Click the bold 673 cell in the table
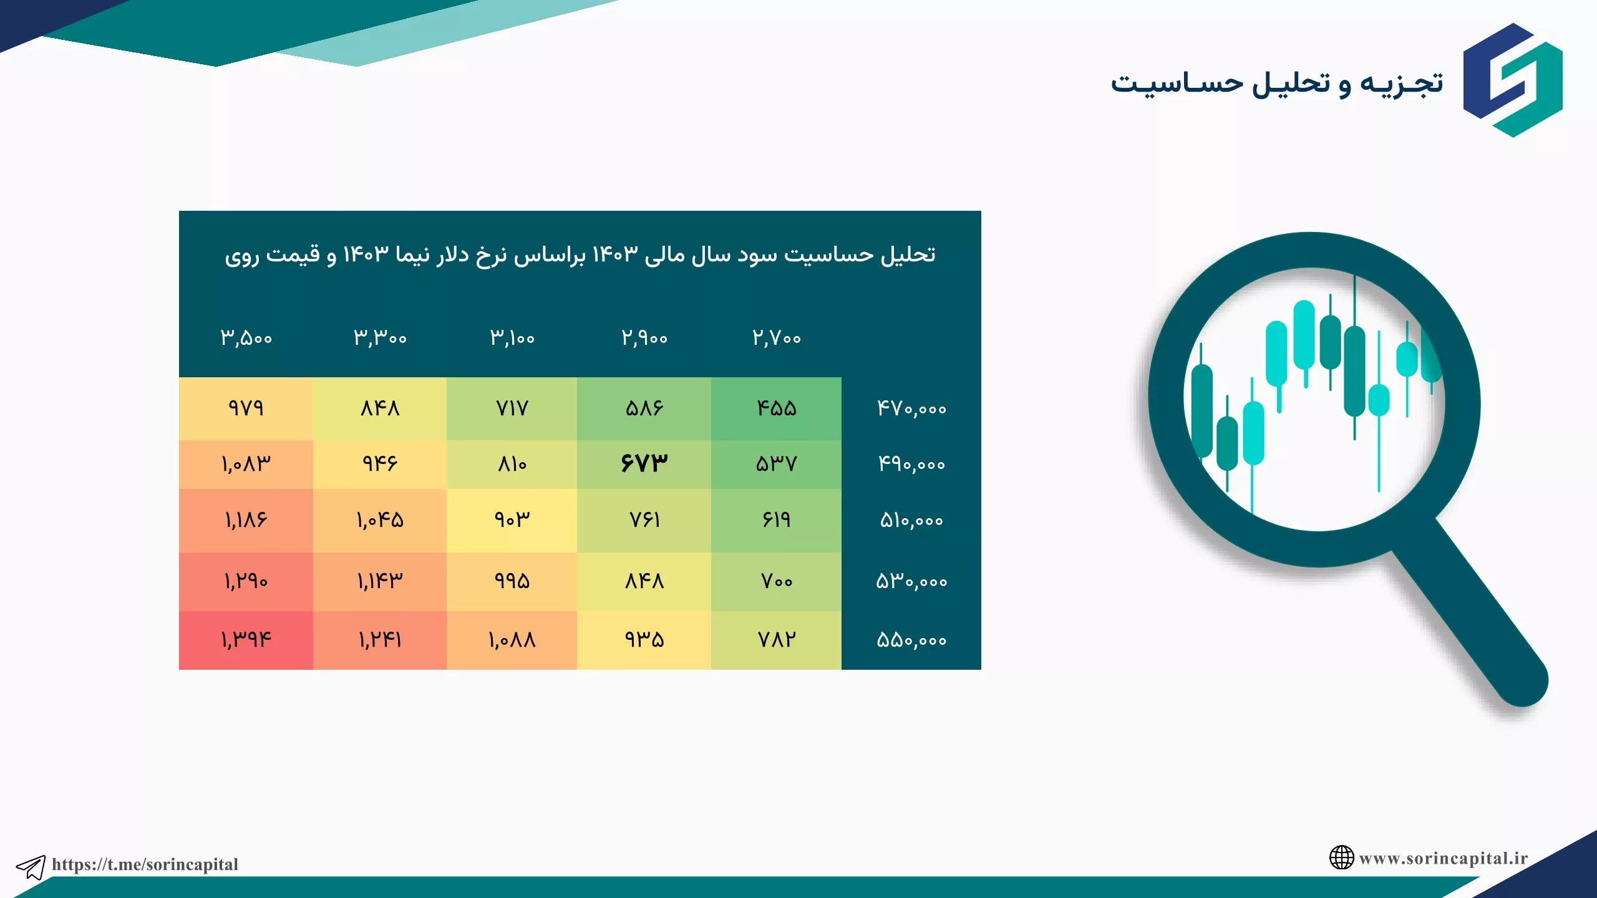coord(644,463)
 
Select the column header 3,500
coord(246,338)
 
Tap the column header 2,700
coord(777,338)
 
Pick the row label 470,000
coord(911,408)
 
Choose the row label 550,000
coord(911,640)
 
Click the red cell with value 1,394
coord(246,640)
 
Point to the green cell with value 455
coord(776,408)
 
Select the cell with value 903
coord(512,520)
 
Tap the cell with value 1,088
coord(512,640)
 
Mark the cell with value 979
coord(246,408)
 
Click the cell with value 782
coord(776,640)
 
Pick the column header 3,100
coord(512,338)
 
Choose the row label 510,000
coord(911,520)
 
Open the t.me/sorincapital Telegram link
coord(145,864)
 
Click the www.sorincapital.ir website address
coord(1444,858)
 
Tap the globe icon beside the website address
coord(1341,857)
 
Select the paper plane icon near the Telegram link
coord(31,867)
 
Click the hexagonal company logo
coord(1513,80)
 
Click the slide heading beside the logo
coord(1276,84)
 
